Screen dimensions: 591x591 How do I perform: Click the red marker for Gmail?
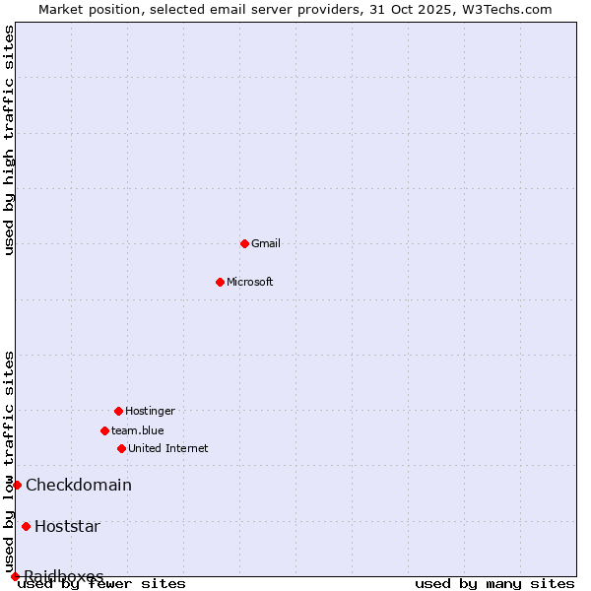pyautogui.click(x=244, y=243)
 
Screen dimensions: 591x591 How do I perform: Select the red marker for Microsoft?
pyautogui.click(x=220, y=282)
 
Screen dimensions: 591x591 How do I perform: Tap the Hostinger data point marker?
pyautogui.click(x=118, y=411)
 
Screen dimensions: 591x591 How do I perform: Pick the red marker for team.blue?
pyautogui.click(x=104, y=430)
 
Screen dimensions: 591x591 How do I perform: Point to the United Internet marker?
pyautogui.click(x=121, y=448)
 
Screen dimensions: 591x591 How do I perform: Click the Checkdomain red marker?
pyautogui.click(x=17, y=485)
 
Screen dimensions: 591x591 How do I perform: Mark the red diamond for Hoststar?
pyautogui.click(x=26, y=526)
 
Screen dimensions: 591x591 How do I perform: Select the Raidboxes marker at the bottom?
pyautogui.click(x=15, y=576)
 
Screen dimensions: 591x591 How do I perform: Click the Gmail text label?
pyautogui.click(x=266, y=243)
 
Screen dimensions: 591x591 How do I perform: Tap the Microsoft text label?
pyautogui.click(x=250, y=282)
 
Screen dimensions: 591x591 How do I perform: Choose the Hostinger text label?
pyautogui.click(x=150, y=411)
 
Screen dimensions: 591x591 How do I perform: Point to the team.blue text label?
pyautogui.click(x=138, y=430)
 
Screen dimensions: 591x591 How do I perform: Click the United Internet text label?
pyautogui.click(x=168, y=448)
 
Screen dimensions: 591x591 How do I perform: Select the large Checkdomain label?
pyautogui.click(x=79, y=485)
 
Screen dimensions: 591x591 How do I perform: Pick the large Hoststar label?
pyautogui.click(x=67, y=526)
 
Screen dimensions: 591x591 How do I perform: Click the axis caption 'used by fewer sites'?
pyautogui.click(x=101, y=584)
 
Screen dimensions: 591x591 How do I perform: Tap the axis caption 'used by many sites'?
pyautogui.click(x=494, y=584)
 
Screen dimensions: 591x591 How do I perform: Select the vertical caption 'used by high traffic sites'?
pyautogui.click(x=10, y=141)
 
